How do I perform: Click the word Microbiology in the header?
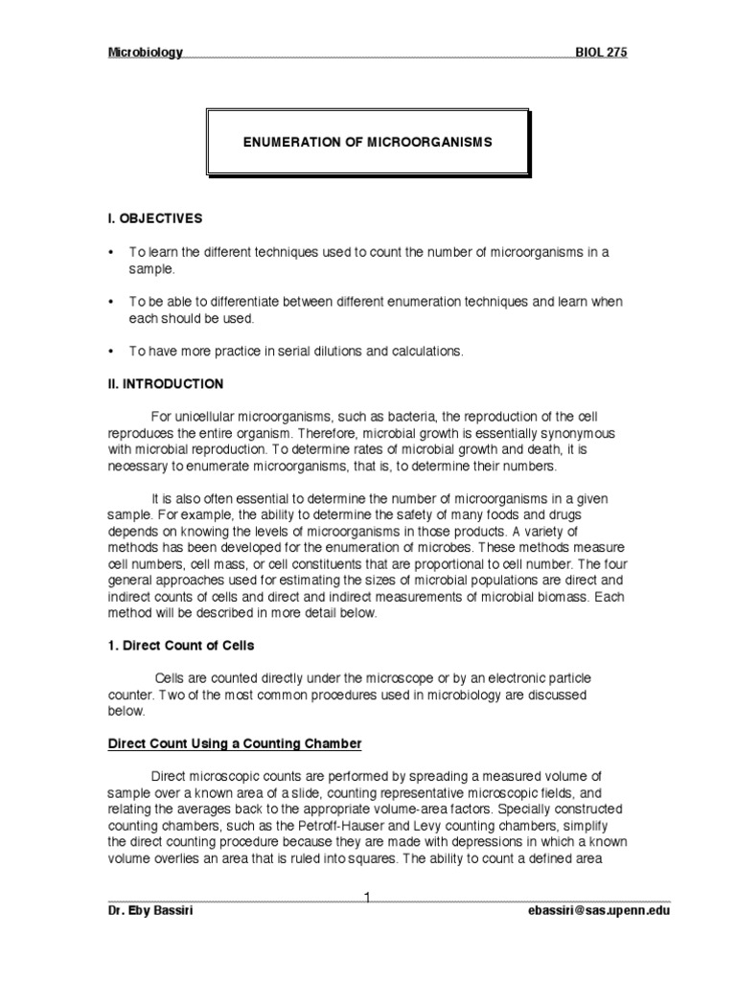145,53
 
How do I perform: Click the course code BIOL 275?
601,53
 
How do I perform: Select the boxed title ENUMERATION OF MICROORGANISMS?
367,142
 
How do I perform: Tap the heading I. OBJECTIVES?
155,218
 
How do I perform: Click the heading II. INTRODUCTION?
166,384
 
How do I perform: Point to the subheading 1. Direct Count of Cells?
181,646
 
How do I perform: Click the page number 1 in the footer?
367,895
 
